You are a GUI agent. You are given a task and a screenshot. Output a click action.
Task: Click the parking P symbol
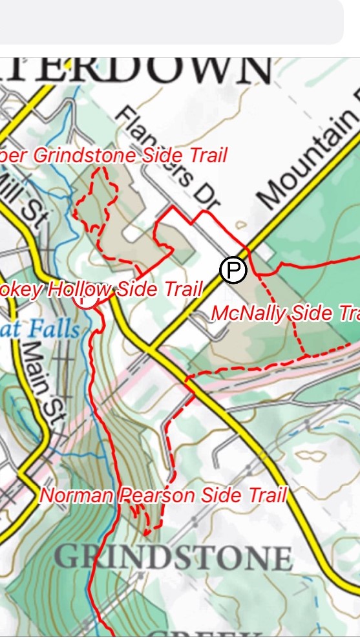click(233, 270)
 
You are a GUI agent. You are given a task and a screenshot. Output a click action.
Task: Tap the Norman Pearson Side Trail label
click(163, 496)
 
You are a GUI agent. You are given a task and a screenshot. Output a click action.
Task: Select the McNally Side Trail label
click(284, 314)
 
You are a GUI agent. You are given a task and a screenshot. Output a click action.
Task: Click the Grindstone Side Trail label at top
click(114, 156)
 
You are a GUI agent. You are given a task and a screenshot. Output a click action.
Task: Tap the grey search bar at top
click(171, 22)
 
